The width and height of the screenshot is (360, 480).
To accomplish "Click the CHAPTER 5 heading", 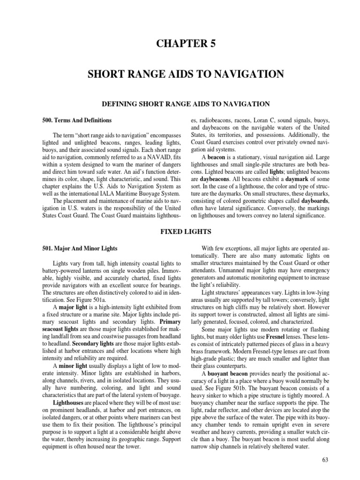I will pos(180,44).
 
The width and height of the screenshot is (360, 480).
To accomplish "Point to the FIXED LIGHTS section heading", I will pos(180,231).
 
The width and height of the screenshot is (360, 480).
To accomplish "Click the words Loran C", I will pos(255,120).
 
